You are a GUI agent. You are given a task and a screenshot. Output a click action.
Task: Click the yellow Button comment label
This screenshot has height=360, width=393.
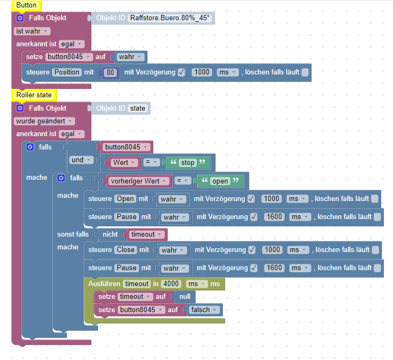click(26, 5)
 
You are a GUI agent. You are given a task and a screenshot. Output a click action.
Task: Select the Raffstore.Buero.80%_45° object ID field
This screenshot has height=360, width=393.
click(171, 18)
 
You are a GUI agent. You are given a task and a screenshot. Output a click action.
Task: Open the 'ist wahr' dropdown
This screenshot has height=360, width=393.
click(32, 31)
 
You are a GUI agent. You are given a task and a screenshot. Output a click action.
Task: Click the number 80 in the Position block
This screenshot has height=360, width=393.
click(111, 72)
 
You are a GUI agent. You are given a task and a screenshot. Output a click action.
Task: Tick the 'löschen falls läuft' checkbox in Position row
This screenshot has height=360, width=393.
click(305, 72)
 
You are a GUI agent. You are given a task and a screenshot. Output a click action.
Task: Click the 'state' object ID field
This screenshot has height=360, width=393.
click(138, 108)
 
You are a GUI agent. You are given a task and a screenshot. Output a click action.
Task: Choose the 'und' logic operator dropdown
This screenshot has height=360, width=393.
click(81, 160)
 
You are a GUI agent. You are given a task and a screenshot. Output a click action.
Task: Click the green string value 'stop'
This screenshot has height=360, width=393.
click(187, 163)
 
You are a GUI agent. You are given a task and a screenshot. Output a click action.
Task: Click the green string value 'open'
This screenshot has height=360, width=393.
click(220, 181)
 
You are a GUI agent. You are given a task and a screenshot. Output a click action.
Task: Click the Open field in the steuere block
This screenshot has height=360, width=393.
click(126, 199)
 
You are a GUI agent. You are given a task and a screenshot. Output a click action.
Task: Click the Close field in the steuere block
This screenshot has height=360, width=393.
click(126, 250)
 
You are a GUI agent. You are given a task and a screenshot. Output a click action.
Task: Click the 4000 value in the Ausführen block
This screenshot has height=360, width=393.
click(171, 284)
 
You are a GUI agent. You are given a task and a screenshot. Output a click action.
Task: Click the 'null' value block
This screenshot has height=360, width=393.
click(185, 297)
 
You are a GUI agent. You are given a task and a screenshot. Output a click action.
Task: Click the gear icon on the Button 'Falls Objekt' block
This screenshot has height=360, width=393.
click(20, 18)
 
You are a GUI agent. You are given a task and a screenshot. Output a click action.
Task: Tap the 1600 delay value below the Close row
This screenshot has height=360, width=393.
click(274, 268)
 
